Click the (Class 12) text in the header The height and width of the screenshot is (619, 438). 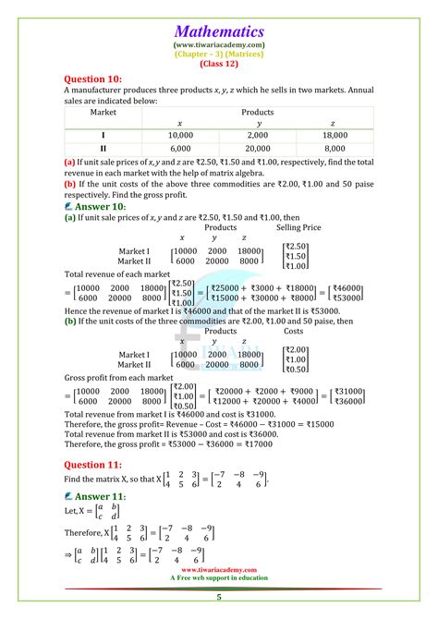click(x=218, y=64)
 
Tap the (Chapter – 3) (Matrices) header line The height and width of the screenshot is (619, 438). click(x=218, y=54)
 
